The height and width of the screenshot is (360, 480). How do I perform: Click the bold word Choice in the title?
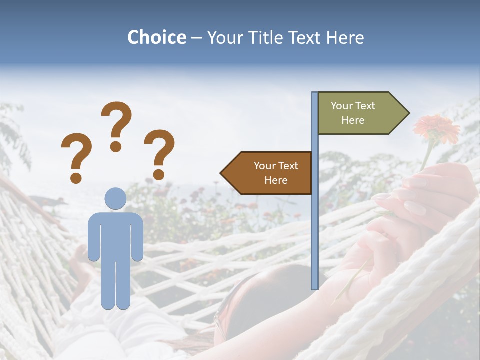point(156,37)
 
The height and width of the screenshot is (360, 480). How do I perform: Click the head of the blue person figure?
point(115,199)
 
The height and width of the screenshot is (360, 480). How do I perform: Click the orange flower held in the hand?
point(436,129)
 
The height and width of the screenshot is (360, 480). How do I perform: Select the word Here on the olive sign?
point(353,120)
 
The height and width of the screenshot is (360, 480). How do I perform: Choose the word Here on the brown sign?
point(276,180)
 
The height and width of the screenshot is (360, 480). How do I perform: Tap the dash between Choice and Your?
point(196,37)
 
